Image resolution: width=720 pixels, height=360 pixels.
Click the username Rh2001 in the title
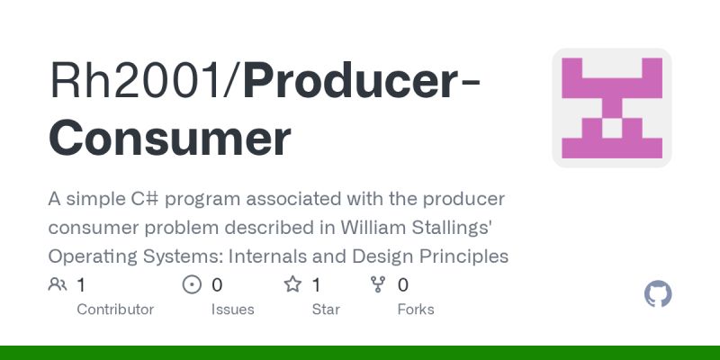click(139, 82)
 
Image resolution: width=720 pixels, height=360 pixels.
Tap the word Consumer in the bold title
click(169, 138)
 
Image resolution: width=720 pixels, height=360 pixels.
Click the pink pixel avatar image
click(612, 108)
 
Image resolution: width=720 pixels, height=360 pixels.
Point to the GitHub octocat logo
click(659, 294)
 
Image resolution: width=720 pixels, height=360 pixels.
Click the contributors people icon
click(58, 285)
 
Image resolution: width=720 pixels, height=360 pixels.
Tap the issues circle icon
click(192, 285)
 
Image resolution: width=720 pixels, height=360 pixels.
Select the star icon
click(292, 285)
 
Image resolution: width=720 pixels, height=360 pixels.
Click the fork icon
click(378, 285)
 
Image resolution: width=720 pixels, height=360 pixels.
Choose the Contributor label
click(115, 310)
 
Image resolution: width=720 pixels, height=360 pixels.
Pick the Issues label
click(233, 310)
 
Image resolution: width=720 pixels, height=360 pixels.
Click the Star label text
click(326, 310)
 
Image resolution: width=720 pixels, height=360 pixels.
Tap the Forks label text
click(416, 310)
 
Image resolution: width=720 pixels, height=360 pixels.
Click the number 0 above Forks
click(403, 285)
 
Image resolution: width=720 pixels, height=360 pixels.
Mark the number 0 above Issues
click(217, 285)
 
